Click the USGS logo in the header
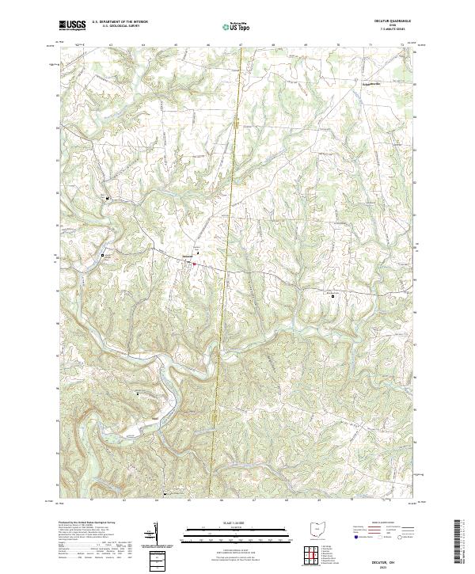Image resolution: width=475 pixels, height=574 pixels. point(72,26)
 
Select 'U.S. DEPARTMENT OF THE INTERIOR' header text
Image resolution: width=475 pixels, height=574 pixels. point(120,23)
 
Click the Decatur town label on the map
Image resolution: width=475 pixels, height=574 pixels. point(187,257)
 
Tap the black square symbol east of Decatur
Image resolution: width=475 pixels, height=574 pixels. point(332,296)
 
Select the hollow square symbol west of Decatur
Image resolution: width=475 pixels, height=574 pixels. point(102,255)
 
